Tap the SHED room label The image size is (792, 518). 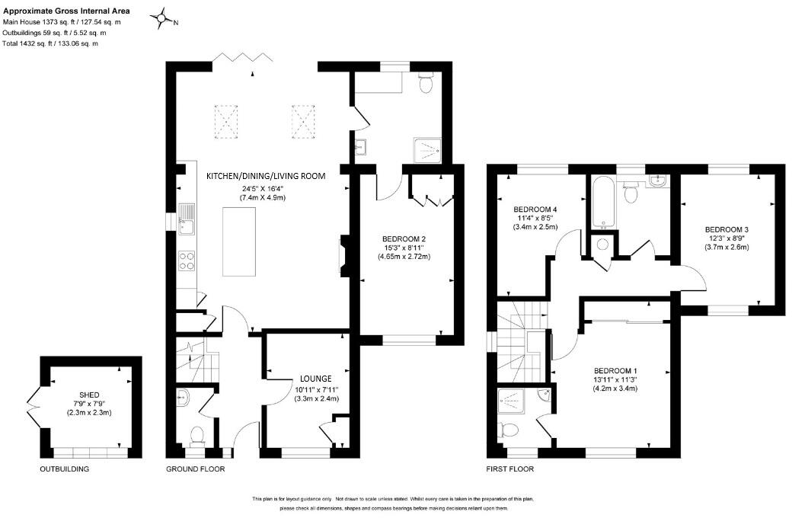click(x=89, y=395)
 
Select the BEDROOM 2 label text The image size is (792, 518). click(x=404, y=238)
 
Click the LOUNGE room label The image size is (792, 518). click(x=316, y=379)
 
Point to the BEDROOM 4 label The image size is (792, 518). click(x=535, y=209)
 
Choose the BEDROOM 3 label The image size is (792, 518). click(x=727, y=229)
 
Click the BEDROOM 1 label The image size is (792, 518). click(x=615, y=370)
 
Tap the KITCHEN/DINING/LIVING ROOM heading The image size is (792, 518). click(x=266, y=176)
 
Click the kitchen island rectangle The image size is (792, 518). click(x=239, y=242)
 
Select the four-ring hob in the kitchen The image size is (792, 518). click(x=187, y=261)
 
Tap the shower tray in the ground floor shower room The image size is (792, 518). click(x=428, y=149)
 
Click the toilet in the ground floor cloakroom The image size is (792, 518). click(x=196, y=435)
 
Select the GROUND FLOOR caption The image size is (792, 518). click(x=196, y=469)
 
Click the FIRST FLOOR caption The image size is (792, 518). click(x=509, y=469)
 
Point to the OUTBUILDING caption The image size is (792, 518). click(x=64, y=469)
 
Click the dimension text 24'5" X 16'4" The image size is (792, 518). click(x=263, y=188)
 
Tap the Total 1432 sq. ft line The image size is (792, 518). click(x=50, y=43)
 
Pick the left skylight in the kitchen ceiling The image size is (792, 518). click(x=226, y=121)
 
